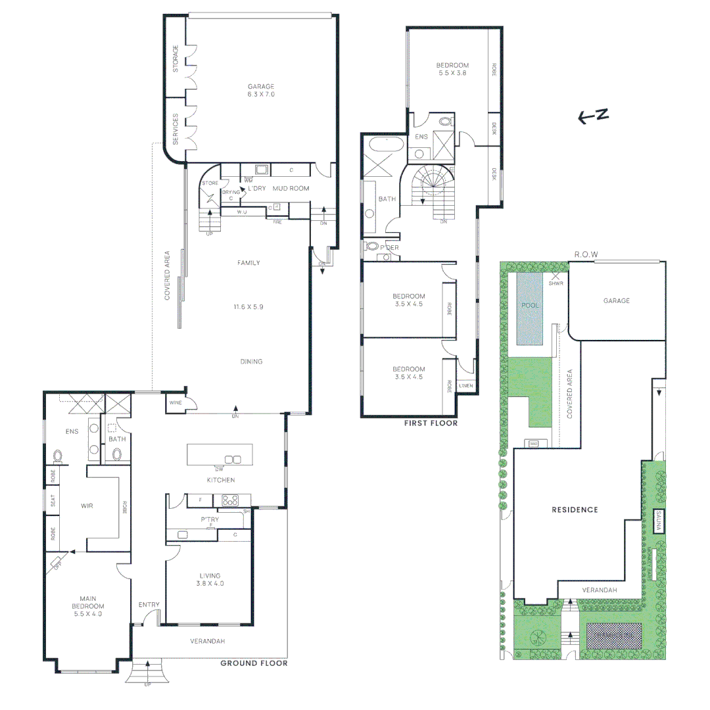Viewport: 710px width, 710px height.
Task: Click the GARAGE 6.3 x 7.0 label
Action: coord(261,90)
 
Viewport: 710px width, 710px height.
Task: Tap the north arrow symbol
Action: coord(593,117)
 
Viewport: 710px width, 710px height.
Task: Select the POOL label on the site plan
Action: coord(529,306)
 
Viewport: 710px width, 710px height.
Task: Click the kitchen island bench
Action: coord(219,454)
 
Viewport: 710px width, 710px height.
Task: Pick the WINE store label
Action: coord(176,402)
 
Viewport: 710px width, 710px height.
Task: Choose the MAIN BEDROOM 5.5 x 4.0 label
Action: coord(87,609)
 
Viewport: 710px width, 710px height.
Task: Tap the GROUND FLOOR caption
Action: coord(254,663)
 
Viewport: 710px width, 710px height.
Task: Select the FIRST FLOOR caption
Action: coord(431,423)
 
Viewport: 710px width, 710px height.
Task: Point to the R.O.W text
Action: coord(586,254)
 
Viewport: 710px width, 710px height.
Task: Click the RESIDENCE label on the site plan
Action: coord(575,509)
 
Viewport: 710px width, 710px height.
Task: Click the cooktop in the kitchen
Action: coord(230,500)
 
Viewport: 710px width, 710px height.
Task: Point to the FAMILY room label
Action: coord(248,263)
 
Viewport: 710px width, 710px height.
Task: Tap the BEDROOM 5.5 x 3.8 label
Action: coord(452,69)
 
